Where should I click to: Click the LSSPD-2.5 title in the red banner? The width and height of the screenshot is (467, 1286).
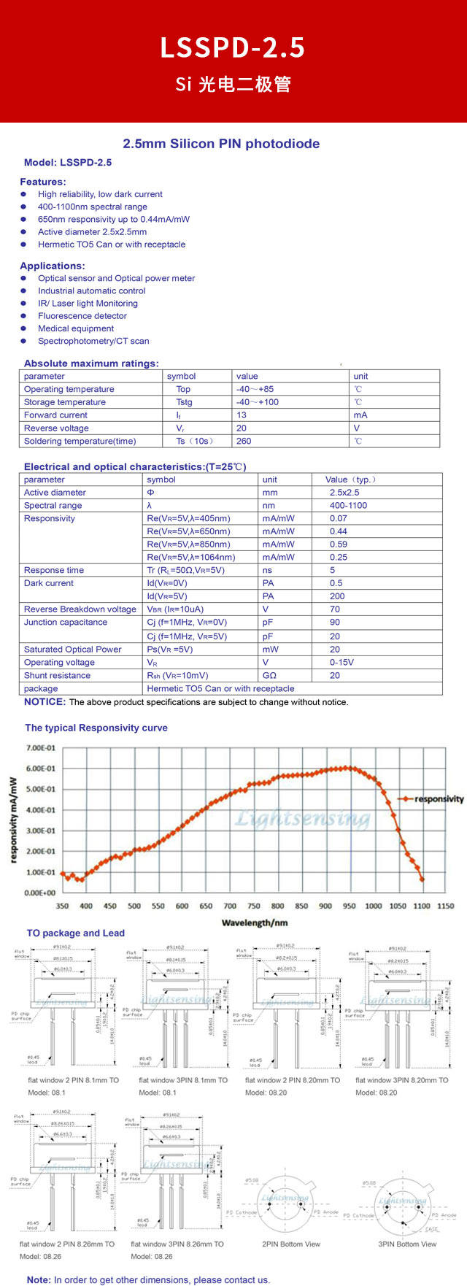(233, 48)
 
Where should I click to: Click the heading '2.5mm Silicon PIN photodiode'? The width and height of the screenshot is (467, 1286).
(221, 144)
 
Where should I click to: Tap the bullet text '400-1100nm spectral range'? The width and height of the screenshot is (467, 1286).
(93, 207)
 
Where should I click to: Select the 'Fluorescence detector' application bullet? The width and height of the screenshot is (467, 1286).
(82, 316)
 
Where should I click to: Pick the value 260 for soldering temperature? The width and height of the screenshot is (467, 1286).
(244, 441)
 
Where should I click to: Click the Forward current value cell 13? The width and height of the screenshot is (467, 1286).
(242, 415)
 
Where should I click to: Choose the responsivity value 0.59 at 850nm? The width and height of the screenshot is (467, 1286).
(339, 544)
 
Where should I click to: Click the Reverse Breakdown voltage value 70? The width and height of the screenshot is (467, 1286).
(335, 609)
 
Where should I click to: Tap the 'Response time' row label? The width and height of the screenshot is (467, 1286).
(54, 571)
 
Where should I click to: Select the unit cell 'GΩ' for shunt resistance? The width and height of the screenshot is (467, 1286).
(270, 676)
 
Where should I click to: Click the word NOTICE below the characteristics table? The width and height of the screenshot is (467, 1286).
(45, 702)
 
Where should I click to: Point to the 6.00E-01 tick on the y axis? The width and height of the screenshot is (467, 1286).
(41, 769)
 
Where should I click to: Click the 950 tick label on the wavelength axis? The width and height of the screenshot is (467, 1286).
(350, 906)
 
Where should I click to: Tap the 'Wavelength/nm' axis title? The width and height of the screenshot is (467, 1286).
(255, 923)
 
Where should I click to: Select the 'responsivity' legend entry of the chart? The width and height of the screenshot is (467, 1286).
(439, 799)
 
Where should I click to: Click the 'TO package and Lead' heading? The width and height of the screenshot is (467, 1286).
(76, 933)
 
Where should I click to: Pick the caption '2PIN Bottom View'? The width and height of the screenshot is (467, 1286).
(291, 1244)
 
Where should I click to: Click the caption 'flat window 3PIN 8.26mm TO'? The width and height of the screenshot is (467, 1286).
(177, 1244)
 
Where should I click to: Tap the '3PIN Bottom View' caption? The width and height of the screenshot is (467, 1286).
(407, 1244)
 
